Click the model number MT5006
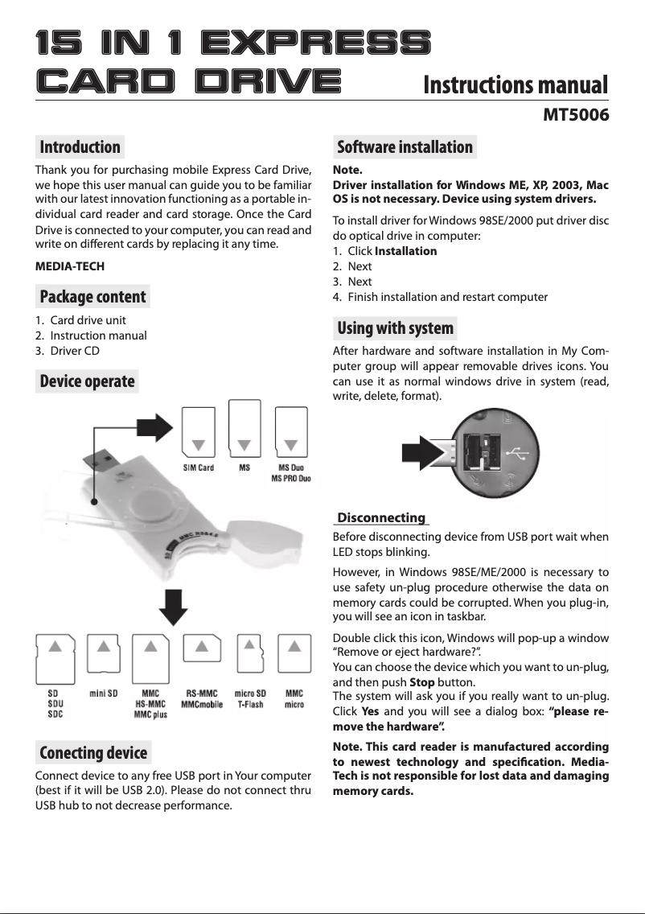(x=576, y=115)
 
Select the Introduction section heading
(x=80, y=147)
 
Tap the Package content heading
(x=93, y=297)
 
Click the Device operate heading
(x=87, y=381)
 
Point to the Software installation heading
(x=405, y=147)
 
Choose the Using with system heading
(x=395, y=328)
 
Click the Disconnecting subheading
(x=381, y=517)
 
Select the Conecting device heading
(x=93, y=753)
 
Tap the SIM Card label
(x=199, y=468)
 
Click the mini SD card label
(x=104, y=693)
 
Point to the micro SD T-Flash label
(x=250, y=698)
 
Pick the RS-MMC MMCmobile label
(x=202, y=698)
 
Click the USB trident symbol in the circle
(x=520, y=455)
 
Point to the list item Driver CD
(x=75, y=350)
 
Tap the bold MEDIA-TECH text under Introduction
(x=70, y=266)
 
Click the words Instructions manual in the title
(x=515, y=84)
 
